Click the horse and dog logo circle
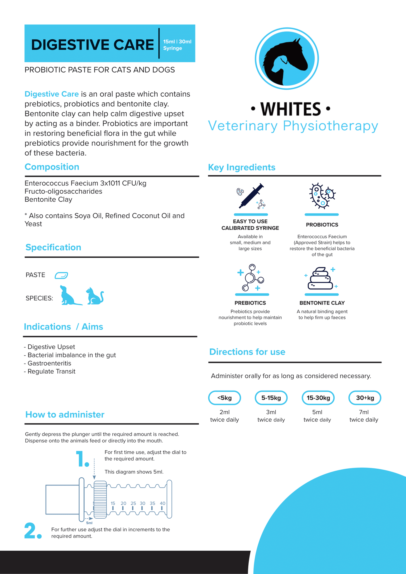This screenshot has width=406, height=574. coord(287,58)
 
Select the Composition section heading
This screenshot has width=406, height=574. coord(52,167)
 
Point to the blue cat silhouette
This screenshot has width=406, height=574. coord(95,296)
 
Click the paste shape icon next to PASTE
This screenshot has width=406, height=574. coord(61,275)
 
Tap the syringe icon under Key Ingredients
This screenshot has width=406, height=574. coord(251,197)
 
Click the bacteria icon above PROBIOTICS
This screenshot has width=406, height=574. coord(322,196)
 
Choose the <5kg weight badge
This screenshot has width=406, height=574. coord(224,398)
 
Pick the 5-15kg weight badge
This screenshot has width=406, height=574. coord(271,398)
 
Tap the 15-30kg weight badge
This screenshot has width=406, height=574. coord(318,398)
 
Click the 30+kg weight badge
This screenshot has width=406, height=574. coord(365,398)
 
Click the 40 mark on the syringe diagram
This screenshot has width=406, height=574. coord(162,503)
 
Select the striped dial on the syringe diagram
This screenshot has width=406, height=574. coord(100,499)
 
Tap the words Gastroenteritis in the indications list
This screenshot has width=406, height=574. coord(49,363)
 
